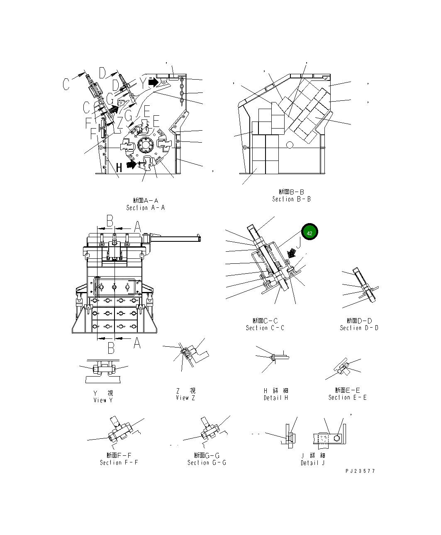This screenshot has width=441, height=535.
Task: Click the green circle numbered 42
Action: [x=309, y=233]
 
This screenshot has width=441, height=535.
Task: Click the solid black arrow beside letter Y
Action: [x=153, y=82]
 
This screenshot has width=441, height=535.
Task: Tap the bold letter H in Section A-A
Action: [x=119, y=168]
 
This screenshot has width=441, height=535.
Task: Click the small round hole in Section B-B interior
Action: [x=290, y=144]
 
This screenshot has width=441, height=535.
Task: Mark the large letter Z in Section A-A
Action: [x=119, y=123]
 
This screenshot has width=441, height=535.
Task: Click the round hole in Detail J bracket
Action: [x=337, y=438]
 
